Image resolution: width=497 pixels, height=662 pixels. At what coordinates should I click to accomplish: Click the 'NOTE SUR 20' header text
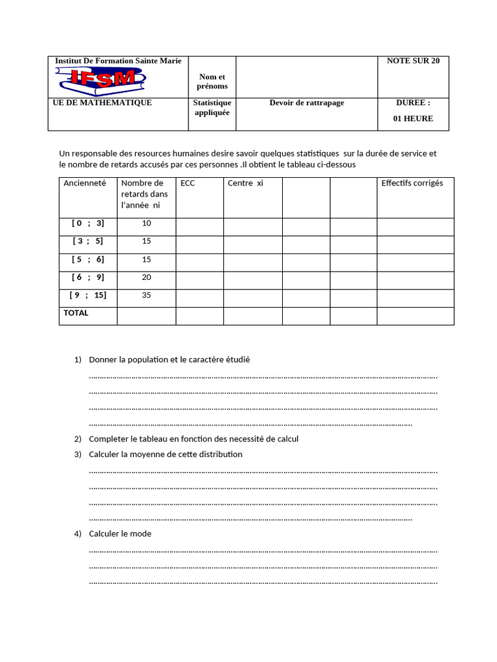tap(413, 61)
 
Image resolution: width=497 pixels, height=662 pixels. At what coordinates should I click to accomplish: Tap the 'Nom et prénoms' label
tap(212, 81)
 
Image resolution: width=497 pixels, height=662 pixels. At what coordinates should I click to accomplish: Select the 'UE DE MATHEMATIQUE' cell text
tap(103, 103)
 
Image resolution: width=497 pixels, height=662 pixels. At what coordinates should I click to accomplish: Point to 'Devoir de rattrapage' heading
tap(307, 103)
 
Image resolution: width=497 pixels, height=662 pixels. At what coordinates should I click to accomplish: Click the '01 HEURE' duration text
tap(413, 119)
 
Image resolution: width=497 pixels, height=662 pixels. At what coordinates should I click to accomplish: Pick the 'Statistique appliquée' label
tap(212, 107)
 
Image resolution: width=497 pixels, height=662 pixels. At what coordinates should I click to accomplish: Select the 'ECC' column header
tap(188, 184)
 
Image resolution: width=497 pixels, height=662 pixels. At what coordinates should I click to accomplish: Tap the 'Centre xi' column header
tap(245, 184)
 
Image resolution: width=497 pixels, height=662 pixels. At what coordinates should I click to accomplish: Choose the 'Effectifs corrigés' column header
tap(412, 184)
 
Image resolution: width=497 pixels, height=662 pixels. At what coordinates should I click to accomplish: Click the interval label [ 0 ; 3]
tap(87, 223)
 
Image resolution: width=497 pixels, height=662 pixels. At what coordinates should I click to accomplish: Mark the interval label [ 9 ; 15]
tap(88, 295)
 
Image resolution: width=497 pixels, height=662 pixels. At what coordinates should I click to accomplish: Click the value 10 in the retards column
tap(146, 223)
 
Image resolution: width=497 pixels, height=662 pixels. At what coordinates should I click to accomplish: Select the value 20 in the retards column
tap(146, 277)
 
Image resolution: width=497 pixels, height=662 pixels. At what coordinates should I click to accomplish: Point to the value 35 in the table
tap(146, 295)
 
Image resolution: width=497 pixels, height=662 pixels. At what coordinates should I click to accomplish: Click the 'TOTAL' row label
tap(76, 313)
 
